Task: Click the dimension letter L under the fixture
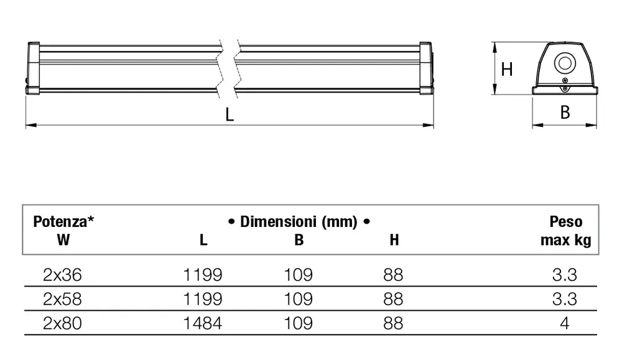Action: click(230, 114)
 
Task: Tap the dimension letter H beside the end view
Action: click(506, 70)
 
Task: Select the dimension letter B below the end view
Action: click(565, 112)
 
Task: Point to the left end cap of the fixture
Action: click(33, 68)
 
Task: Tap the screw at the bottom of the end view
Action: click(565, 89)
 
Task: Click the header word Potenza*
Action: click(63, 221)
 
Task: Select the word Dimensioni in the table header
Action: click(279, 221)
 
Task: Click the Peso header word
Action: click(565, 221)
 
